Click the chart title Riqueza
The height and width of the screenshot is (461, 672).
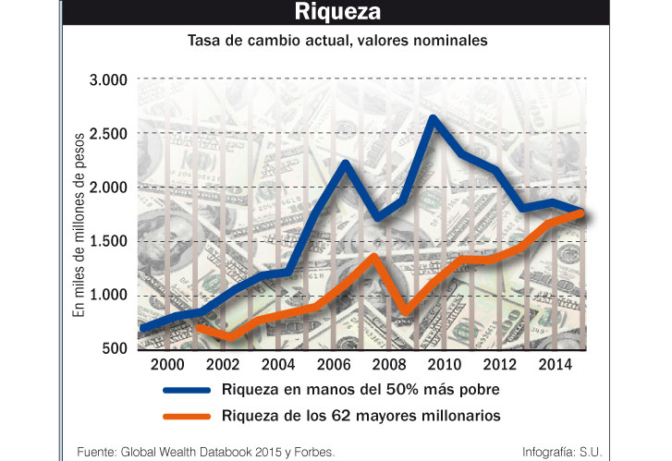pos(336,13)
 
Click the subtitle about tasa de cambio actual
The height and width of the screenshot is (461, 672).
pos(337,42)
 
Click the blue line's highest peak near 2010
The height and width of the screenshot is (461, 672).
pos(434,118)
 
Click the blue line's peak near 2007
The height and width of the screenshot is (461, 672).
pos(344,164)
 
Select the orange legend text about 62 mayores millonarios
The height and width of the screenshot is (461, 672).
pos(361,416)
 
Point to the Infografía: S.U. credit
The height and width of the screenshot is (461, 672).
pos(561,451)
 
